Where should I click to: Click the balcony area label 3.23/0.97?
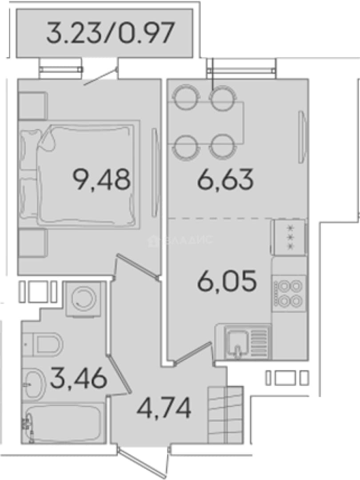coord(110,32)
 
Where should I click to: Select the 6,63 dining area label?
coord(226,180)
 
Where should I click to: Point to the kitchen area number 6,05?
coord(227,281)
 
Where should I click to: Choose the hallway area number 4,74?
coord(164,407)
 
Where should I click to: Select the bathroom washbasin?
coord(34,384)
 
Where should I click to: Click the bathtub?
coord(64,423)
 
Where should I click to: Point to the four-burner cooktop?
coord(289,294)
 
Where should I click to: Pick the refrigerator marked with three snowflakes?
coord(289,237)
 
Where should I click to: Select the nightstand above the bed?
coord(33,105)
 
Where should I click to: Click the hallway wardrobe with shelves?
coord(225,415)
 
